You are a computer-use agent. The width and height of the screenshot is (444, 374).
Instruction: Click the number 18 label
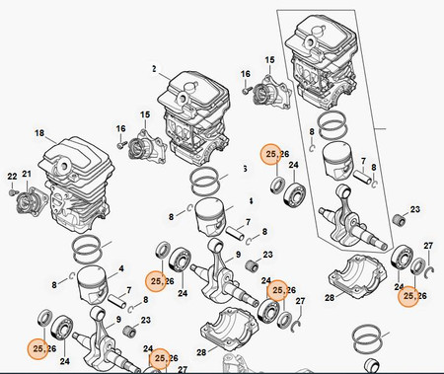[x=39, y=133]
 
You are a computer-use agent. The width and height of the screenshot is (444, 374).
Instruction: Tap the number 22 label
[x=12, y=177]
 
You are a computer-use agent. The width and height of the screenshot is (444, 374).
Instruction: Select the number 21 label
[x=27, y=174]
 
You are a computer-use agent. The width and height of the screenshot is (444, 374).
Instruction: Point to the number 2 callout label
[x=154, y=69]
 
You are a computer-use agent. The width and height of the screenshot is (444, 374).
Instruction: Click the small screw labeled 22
[x=12, y=191]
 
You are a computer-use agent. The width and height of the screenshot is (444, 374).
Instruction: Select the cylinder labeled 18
[x=77, y=185]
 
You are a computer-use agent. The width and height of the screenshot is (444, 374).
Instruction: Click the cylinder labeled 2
[x=193, y=119]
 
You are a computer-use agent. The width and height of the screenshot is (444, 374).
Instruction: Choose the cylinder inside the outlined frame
[x=321, y=62]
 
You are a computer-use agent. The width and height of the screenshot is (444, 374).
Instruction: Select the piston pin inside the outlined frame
[x=362, y=177]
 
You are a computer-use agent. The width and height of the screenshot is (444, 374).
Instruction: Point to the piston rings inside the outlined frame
[x=333, y=126]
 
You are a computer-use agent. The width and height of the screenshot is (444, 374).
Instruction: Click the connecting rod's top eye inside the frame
[x=342, y=190]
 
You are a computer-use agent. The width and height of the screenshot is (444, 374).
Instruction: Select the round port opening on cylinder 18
[x=62, y=165]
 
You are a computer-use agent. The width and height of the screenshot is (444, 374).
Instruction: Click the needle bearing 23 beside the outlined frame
[x=399, y=220]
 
